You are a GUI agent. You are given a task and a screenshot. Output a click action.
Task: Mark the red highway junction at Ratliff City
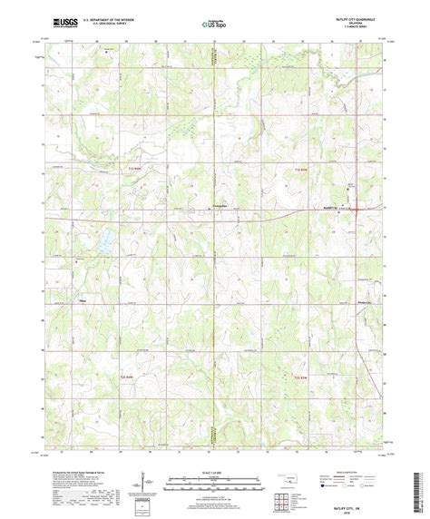pos(357,209)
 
